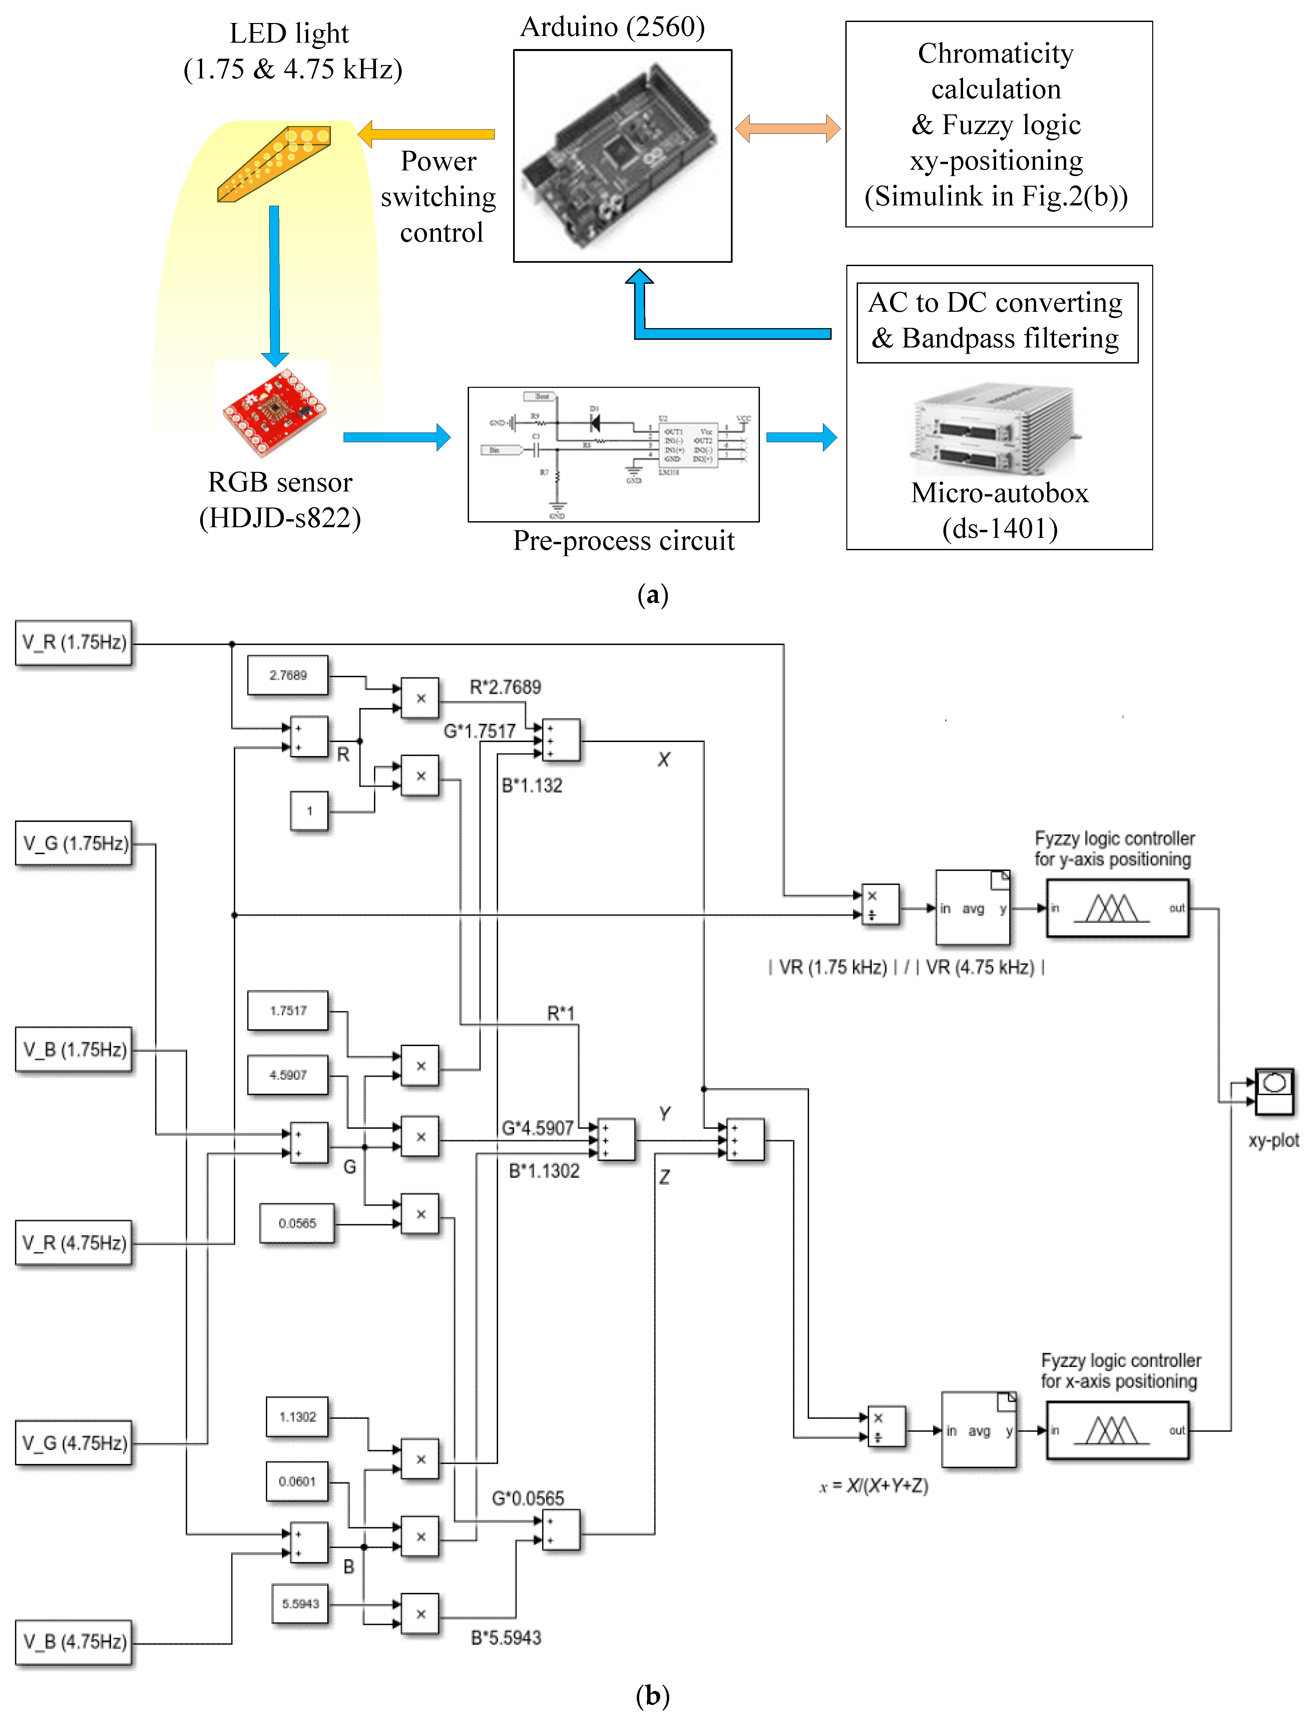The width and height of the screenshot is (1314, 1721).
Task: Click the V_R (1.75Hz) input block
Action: pyautogui.click(x=73, y=643)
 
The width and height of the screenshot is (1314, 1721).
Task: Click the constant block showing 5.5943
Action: pyautogui.click(x=300, y=1604)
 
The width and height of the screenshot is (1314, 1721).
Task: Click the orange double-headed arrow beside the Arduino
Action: pyautogui.click(x=788, y=128)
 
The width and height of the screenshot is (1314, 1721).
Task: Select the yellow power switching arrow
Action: pyautogui.click(x=426, y=134)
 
